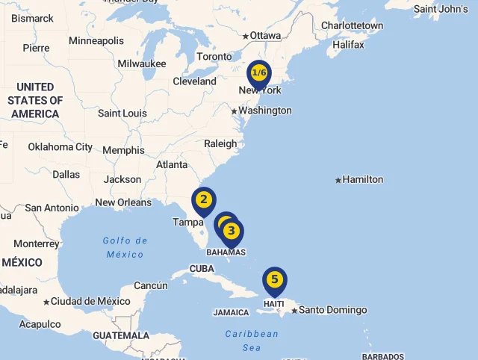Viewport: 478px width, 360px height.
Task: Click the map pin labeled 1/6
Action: (259, 73)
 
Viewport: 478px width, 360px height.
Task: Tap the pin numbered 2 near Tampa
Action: (203, 200)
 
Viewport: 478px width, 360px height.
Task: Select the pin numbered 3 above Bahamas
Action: (232, 231)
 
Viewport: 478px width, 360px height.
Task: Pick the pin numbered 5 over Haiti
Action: (275, 280)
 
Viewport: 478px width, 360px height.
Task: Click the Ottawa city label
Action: (265, 36)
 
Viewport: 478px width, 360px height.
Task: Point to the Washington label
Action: (265, 111)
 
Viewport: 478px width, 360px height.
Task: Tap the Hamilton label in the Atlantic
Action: (364, 179)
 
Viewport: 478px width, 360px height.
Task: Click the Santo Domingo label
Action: (333, 310)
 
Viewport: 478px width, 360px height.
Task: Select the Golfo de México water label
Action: (125, 247)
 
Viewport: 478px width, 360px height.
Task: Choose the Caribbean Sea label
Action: (252, 341)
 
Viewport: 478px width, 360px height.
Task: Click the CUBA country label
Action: (202, 269)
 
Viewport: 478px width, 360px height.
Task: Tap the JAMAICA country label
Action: (231, 313)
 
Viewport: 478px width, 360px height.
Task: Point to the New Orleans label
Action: (123, 202)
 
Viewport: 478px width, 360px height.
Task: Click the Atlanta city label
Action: (172, 165)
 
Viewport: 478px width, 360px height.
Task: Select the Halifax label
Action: (348, 45)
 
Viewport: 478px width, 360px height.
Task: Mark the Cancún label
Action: (151, 285)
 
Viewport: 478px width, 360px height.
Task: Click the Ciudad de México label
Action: (90, 302)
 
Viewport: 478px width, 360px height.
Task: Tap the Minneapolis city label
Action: (96, 40)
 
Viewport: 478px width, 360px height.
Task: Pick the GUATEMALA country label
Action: (121, 335)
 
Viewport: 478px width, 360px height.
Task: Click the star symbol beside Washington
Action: (234, 111)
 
